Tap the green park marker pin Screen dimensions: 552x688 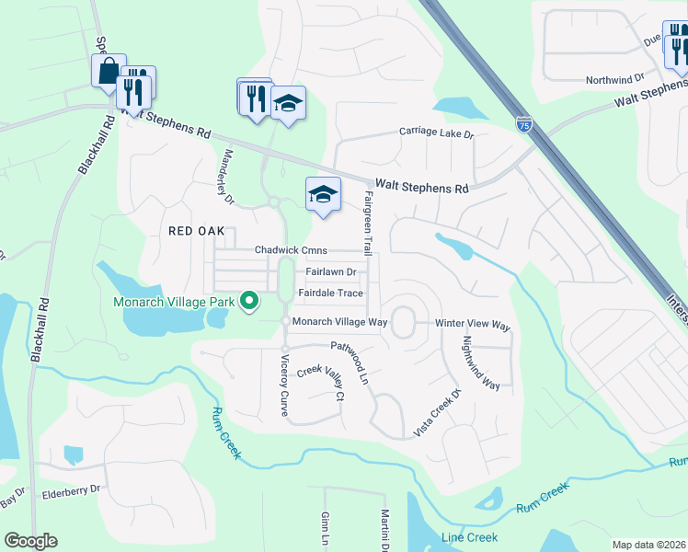tap(248, 301)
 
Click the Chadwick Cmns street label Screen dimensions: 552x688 tap(291, 250)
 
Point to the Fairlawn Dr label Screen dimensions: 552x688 tap(330, 272)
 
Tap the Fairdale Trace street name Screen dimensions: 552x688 tap(330, 293)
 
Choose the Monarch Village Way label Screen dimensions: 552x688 tap(339, 322)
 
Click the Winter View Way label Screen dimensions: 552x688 tap(472, 325)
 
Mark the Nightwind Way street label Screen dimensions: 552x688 tap(480, 362)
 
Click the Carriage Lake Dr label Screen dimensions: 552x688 tap(435, 133)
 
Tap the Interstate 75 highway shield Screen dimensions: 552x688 tap(523, 122)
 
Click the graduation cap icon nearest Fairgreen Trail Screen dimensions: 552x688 tap(323, 194)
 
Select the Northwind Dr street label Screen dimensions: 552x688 tap(618, 80)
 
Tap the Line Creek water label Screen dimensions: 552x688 tap(469, 537)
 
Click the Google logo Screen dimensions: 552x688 tap(30, 541)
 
